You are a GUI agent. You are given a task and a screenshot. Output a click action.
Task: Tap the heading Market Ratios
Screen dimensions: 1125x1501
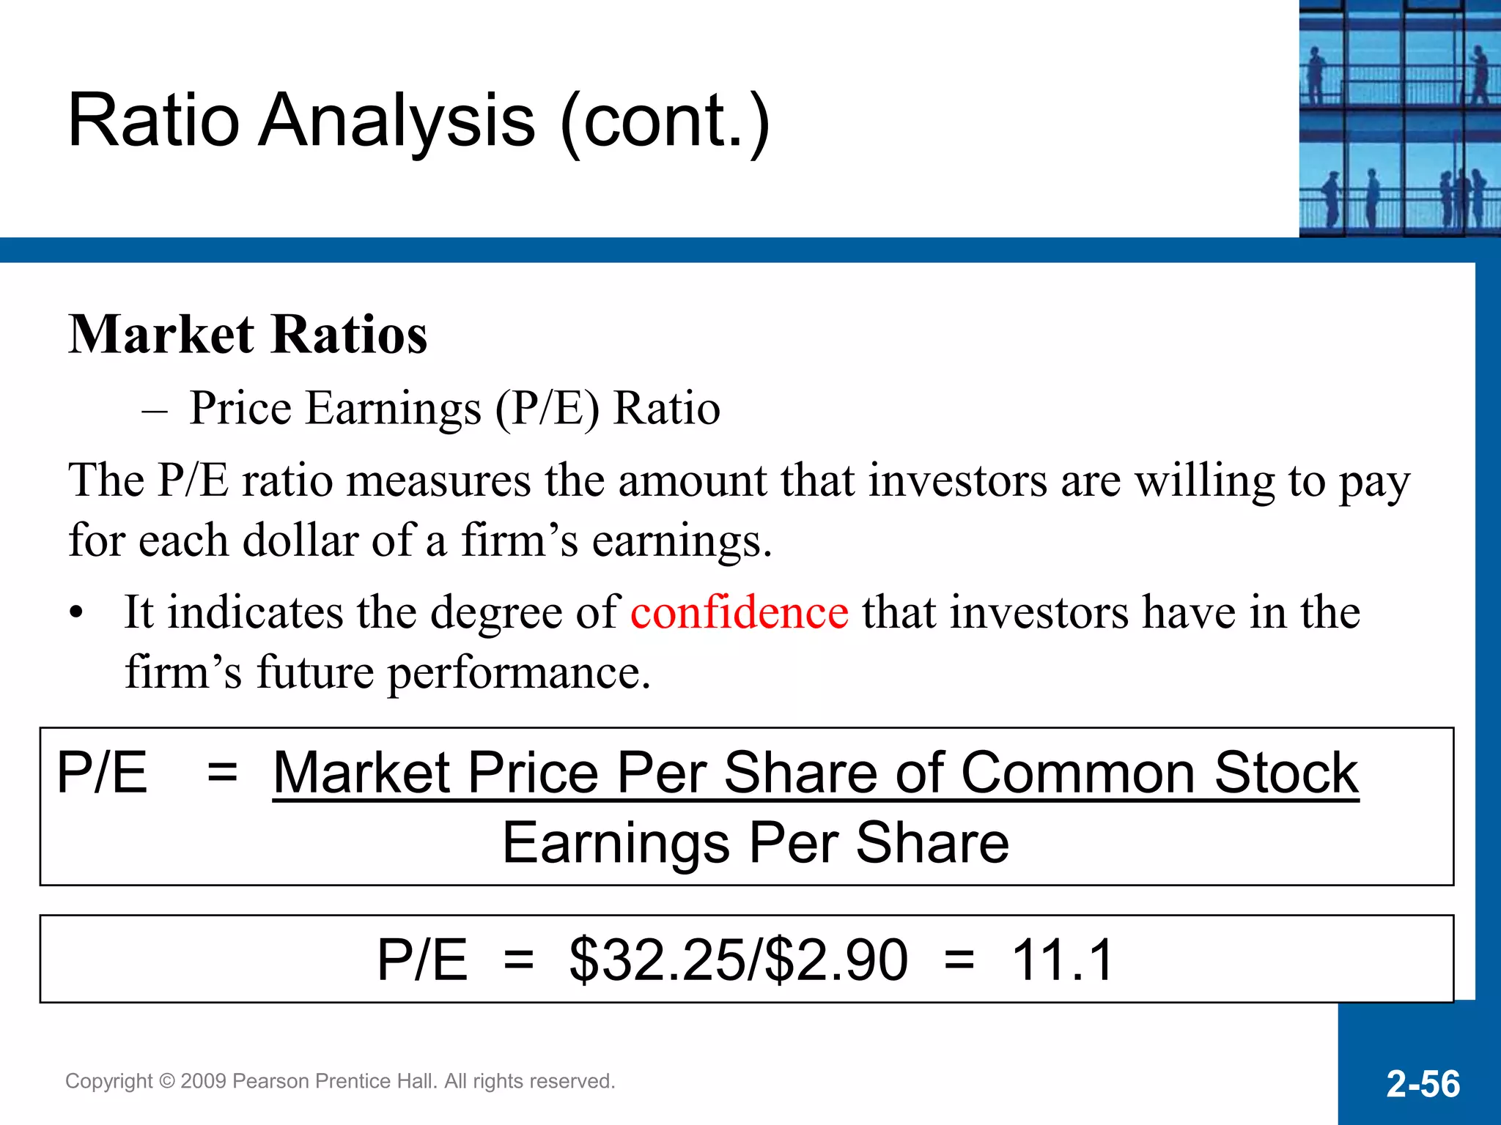248,335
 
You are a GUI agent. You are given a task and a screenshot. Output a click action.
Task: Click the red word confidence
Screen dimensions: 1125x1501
740,612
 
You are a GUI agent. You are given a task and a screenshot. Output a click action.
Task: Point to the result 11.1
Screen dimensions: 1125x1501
1063,959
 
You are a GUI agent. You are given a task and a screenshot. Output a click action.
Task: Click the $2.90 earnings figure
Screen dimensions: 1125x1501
836,959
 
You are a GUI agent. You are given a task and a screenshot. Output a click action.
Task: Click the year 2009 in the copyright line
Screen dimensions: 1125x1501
203,1081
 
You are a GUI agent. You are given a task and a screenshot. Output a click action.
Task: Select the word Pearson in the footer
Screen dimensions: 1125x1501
268,1081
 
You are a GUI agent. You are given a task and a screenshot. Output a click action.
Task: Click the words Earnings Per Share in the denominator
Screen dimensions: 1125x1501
756,843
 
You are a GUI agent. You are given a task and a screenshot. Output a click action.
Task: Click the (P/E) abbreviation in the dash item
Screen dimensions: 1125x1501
547,409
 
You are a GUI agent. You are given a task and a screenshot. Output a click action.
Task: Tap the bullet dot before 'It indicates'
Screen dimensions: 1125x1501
76,614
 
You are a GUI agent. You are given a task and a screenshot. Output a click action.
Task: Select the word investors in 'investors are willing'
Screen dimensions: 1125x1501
958,482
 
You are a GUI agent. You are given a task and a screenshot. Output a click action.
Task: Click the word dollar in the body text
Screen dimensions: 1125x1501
300,541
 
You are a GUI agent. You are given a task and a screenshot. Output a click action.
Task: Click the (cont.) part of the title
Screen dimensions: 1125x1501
665,122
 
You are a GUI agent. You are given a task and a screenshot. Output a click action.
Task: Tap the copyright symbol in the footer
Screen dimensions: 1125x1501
166,1081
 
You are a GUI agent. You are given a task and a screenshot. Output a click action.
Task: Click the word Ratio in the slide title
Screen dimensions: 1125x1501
154,122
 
